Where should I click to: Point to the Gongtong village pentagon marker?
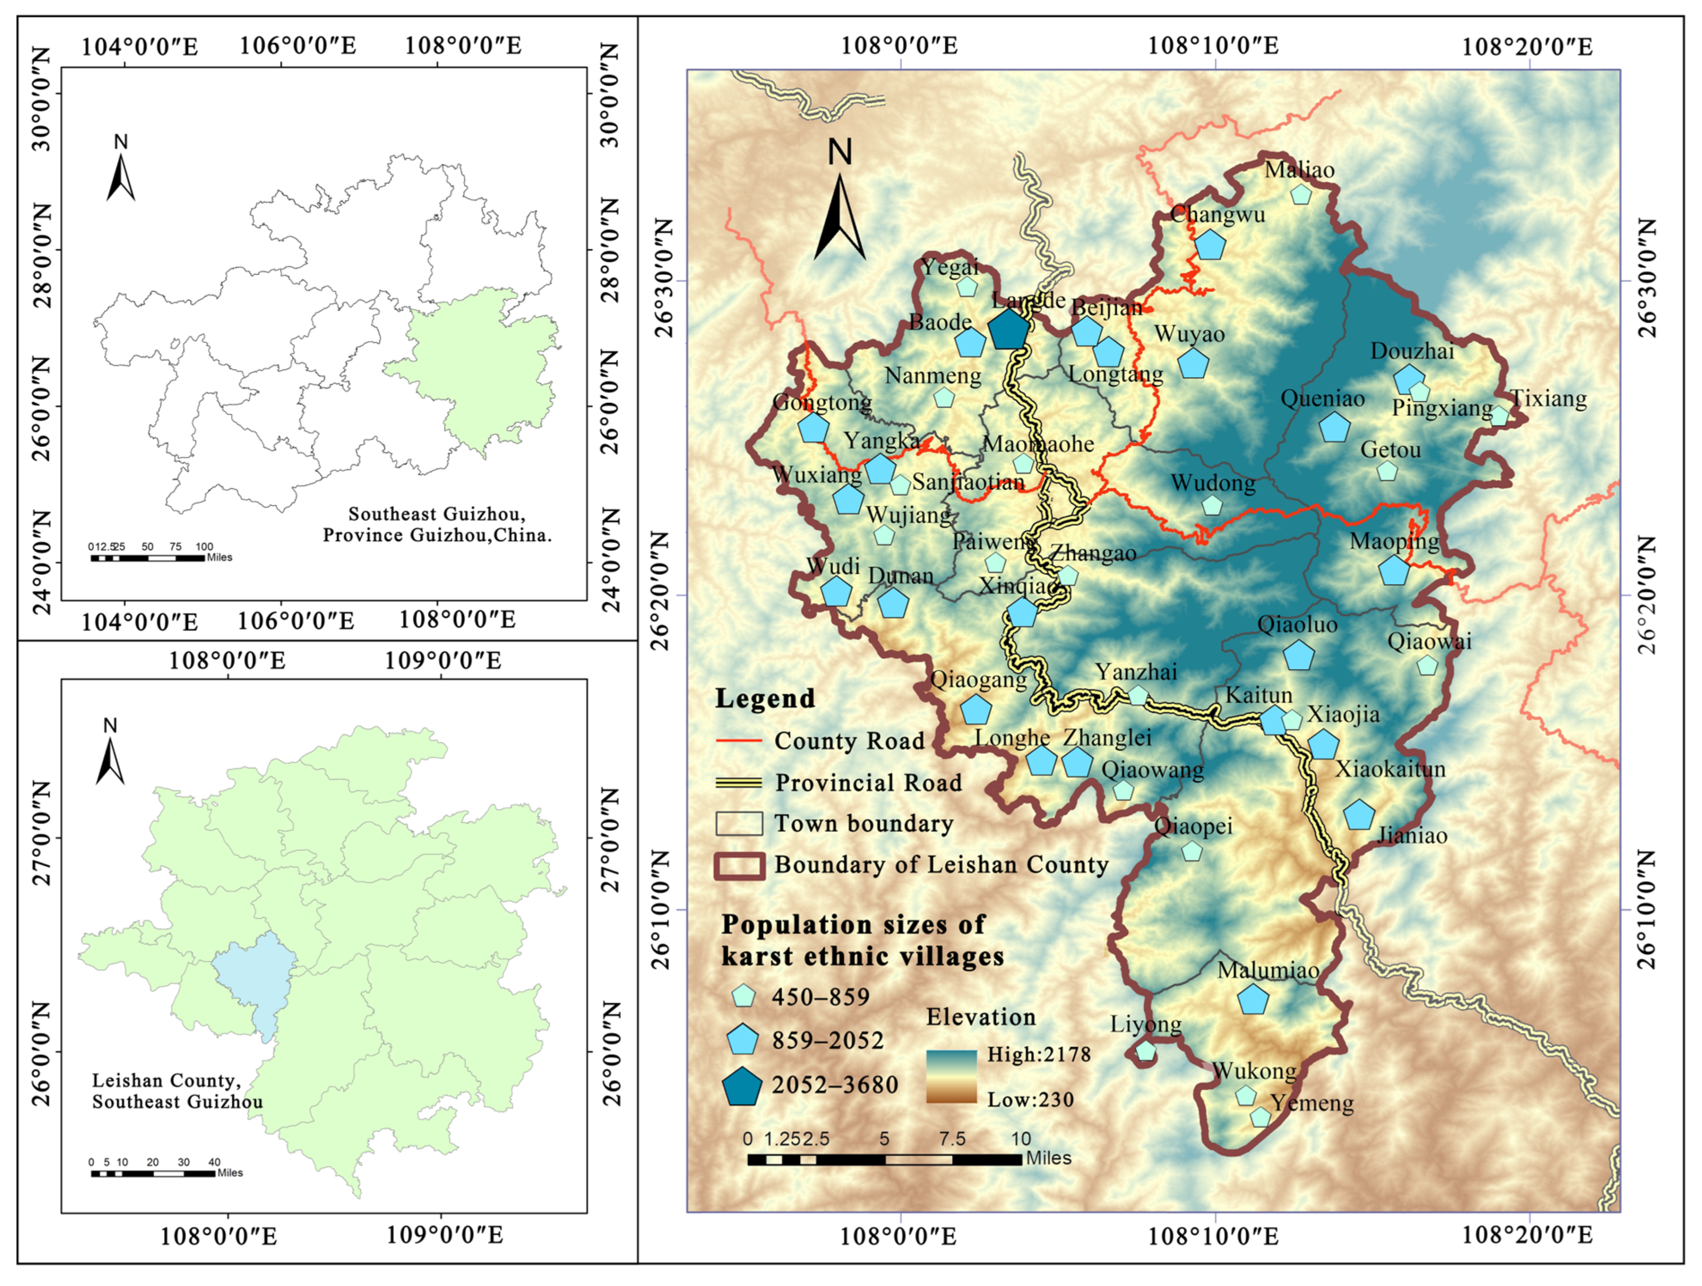coord(813,428)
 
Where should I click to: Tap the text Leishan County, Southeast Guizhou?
coord(177,1091)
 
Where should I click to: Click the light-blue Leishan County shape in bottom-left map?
coord(258,978)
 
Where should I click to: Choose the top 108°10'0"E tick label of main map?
coord(1213,46)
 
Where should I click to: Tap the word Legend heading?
coord(765,698)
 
